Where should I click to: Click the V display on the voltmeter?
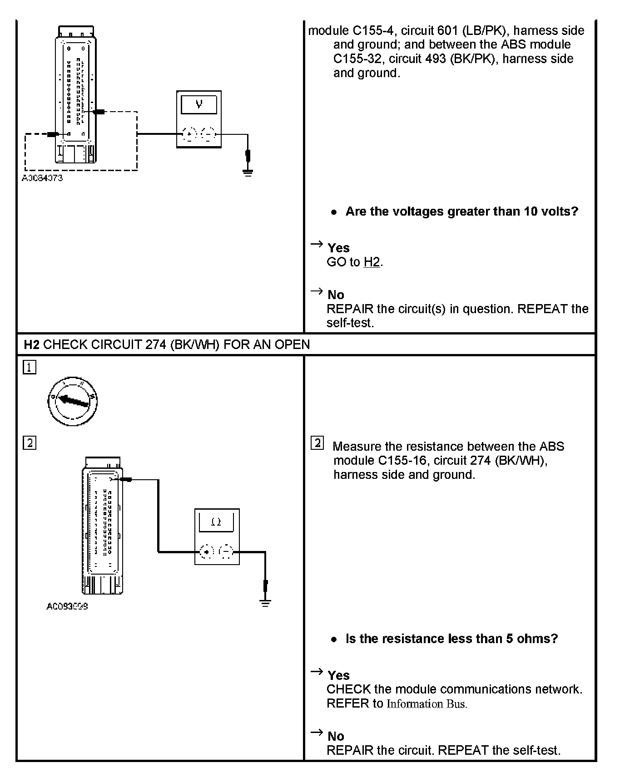click(199, 105)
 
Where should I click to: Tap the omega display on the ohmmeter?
click(216, 522)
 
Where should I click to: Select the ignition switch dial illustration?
click(73, 401)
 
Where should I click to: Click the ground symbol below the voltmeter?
click(248, 172)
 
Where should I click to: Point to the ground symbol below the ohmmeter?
click(265, 603)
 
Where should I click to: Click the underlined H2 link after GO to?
click(372, 262)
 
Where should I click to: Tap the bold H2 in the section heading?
click(32, 344)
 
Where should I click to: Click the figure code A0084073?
click(42, 178)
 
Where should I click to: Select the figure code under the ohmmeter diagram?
click(67, 606)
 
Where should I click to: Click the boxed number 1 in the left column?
click(29, 367)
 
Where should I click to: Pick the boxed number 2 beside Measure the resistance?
click(317, 443)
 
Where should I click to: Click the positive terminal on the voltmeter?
click(189, 134)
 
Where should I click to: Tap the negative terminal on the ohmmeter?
click(226, 552)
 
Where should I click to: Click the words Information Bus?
click(427, 704)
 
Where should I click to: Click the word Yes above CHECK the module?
click(338, 675)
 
